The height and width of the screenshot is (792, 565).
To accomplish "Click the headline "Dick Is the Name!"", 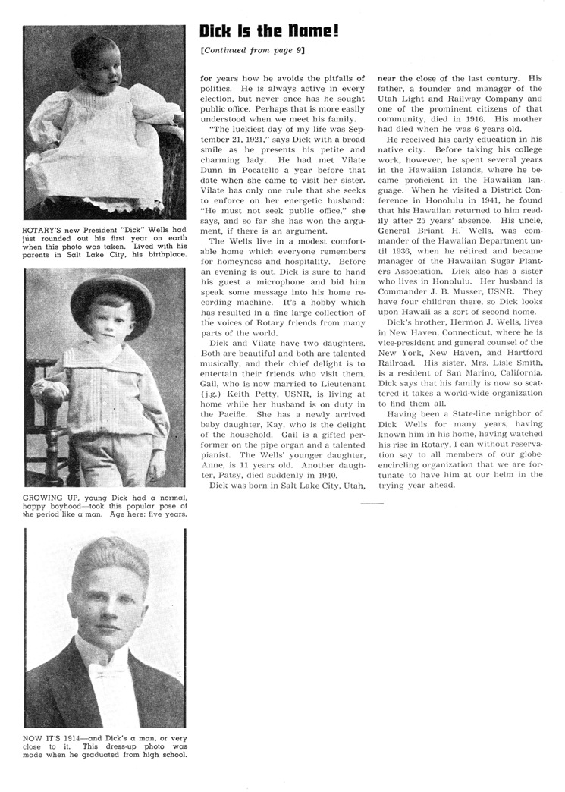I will [x=268, y=31].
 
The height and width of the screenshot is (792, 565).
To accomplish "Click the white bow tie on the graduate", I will [x=102, y=671].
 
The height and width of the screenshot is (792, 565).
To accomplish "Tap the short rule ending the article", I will [x=372, y=502].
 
